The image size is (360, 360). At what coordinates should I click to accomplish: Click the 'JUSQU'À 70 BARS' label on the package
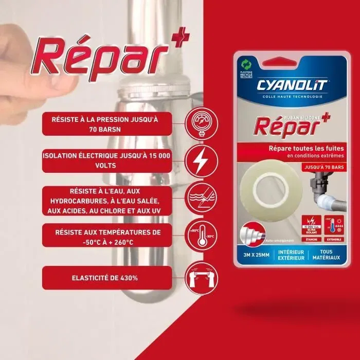click(x=309, y=167)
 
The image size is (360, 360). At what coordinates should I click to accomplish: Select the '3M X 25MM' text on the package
click(x=260, y=254)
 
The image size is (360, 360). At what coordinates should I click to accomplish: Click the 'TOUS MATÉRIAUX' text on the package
click(x=326, y=254)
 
